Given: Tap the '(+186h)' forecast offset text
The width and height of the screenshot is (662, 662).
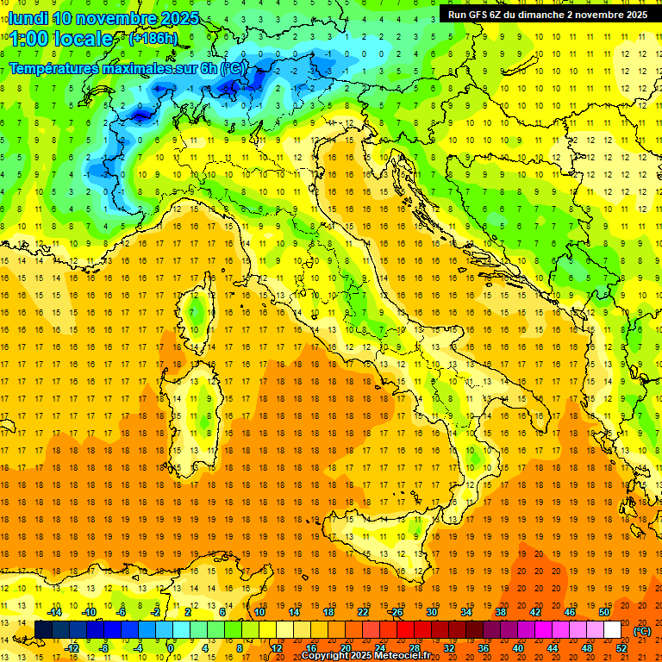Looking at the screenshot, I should click(x=153, y=38).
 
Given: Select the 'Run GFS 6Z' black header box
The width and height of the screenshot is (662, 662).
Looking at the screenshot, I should click(x=547, y=14).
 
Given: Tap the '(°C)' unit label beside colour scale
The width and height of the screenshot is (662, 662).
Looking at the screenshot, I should click(x=642, y=631).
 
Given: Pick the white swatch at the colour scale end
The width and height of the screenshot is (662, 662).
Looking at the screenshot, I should click(x=612, y=630).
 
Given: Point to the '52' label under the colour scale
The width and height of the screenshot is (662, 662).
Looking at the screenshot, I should click(x=621, y=648).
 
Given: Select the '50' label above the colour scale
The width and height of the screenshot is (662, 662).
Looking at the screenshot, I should click(x=604, y=612).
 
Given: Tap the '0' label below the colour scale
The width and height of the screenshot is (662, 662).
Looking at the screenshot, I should click(x=171, y=648).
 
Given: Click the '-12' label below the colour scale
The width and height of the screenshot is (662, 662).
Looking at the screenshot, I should click(x=72, y=648).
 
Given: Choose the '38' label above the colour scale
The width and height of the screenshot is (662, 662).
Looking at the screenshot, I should click(x=501, y=612).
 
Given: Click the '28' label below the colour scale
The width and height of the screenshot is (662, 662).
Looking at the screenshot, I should click(x=414, y=648).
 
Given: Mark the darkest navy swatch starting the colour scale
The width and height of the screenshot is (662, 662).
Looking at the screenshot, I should click(x=43, y=630).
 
